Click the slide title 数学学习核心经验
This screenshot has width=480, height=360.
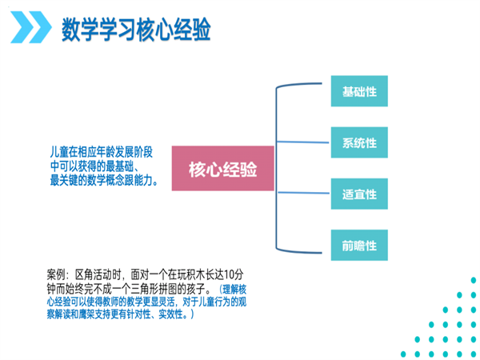tap(136, 29)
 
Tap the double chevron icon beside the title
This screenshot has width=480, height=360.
tap(30, 27)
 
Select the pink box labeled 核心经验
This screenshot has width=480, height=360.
tap(222, 168)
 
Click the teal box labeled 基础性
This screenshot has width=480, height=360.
tap(359, 91)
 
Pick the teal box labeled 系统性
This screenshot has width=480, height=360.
tap(359, 142)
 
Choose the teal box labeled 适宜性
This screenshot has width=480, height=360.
tap(359, 194)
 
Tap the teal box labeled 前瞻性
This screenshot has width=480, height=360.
tap(359, 246)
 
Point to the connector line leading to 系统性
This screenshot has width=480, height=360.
tap(302, 142)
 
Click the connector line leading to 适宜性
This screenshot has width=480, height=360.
tap(303, 193)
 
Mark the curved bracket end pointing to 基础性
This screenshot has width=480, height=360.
tap(322, 83)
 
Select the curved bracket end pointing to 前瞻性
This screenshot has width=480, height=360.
tap(322, 253)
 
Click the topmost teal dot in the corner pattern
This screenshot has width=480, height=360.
tap(474, 280)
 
